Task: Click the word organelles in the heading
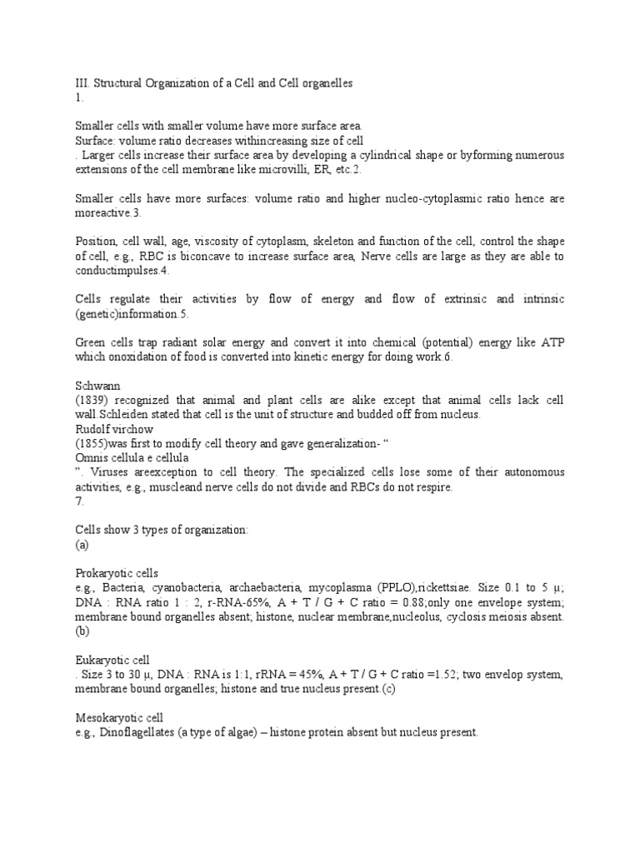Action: pyautogui.click(x=325, y=83)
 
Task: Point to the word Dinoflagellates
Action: pyautogui.click(x=152, y=732)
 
